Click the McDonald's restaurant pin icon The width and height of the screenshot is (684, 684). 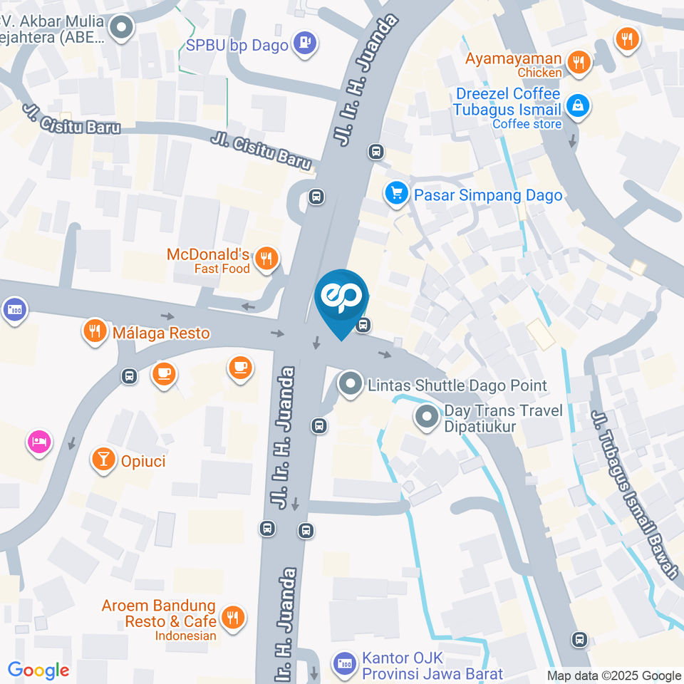266,259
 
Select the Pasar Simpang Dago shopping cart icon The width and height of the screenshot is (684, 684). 395,193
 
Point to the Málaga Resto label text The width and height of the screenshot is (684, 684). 161,333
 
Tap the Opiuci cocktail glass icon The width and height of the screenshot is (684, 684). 104,460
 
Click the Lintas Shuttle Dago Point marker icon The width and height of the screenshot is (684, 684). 349,385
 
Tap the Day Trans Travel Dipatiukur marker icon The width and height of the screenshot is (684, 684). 427,417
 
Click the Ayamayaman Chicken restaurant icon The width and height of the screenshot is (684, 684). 580,63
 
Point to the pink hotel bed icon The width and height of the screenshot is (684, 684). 38,441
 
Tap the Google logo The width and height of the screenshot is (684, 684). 38,670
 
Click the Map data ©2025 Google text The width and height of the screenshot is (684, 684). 613,675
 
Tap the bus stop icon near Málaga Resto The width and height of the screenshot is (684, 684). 129,376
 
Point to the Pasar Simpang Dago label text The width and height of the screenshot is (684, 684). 488,195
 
